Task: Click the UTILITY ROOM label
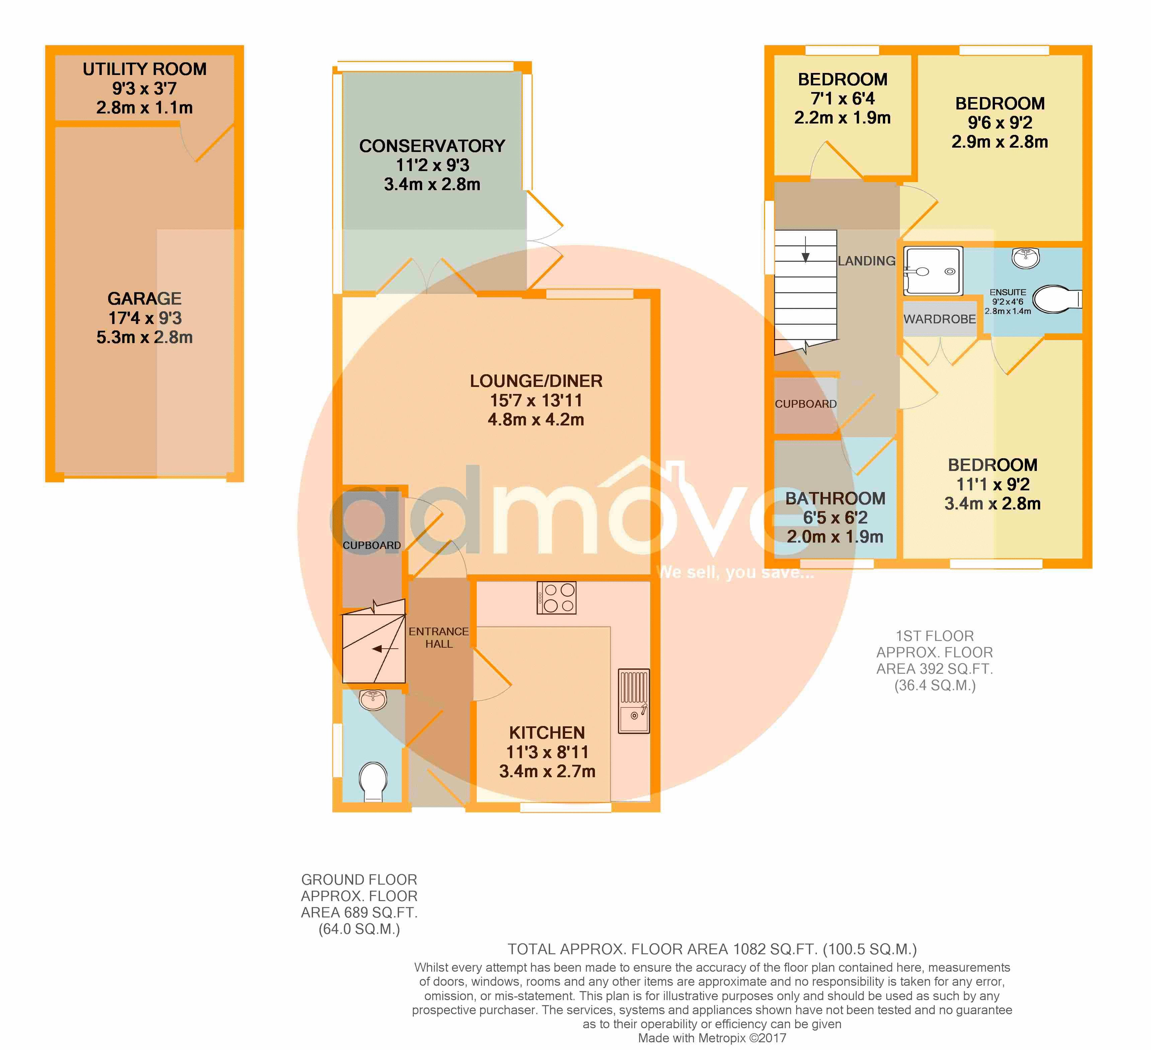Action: point(144,69)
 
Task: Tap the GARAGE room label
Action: point(144,299)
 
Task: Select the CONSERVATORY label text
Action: point(432,146)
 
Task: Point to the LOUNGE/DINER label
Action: point(536,381)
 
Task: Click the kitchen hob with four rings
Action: point(556,598)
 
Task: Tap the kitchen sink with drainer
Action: point(634,701)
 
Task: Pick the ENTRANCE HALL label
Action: point(439,638)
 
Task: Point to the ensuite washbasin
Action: point(1025,258)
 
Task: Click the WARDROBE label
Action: point(940,319)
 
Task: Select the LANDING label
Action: point(867,261)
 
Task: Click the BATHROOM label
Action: point(835,498)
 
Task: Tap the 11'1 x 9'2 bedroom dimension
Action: point(993,484)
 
